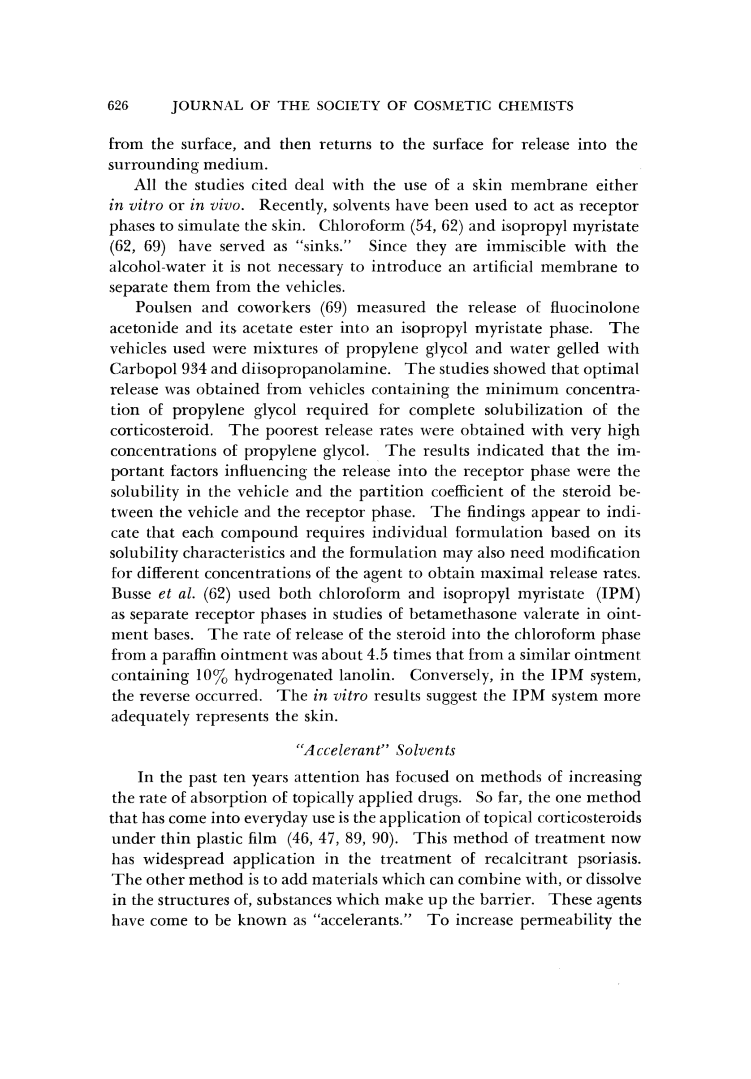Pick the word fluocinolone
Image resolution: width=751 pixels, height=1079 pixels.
coord(595,308)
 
